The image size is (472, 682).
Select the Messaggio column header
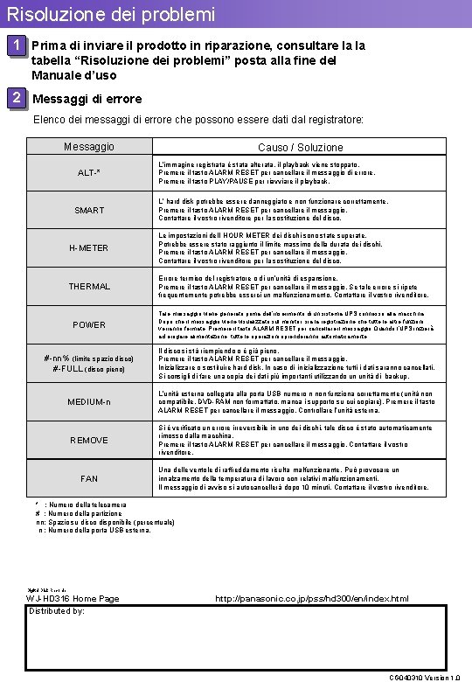[89, 147]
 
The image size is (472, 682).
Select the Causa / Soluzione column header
[300, 148]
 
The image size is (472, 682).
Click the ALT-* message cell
[89, 173]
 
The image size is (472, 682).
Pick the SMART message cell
[89, 211]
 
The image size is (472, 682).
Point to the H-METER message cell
[89, 248]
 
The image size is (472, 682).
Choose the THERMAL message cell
[89, 287]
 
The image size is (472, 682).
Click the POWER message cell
[89, 325]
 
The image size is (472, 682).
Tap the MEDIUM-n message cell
[89, 402]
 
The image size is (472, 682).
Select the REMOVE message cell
[89, 441]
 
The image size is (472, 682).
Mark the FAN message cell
[89, 479]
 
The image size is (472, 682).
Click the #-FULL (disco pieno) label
[89, 370]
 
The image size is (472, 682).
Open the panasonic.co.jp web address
[311, 598]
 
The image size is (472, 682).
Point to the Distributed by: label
[57, 611]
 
